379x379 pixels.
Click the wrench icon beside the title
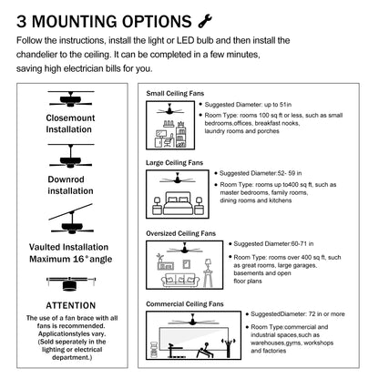coord(205,21)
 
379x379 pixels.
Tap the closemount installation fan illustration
coord(71,99)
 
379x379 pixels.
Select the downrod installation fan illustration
coord(71,156)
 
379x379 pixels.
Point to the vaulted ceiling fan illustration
coord(71,219)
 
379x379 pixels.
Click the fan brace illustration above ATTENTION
coord(71,283)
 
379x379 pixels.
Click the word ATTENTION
coord(71,305)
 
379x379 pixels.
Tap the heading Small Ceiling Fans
coord(175,94)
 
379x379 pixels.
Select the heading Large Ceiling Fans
coord(174,163)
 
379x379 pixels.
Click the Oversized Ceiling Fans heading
coord(180,233)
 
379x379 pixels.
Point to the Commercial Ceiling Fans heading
coord(185,304)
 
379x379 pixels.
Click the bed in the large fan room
coord(178,203)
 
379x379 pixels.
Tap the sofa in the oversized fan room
coord(180,281)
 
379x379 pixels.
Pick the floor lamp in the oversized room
coord(208,273)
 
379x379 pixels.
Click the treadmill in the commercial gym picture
coord(175,349)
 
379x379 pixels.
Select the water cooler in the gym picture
coord(154,351)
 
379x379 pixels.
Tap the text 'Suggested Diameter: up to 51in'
coord(248,105)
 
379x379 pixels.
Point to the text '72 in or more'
coord(327,314)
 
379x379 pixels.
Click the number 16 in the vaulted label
coord(78,259)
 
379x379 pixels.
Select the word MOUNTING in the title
coord(76,22)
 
